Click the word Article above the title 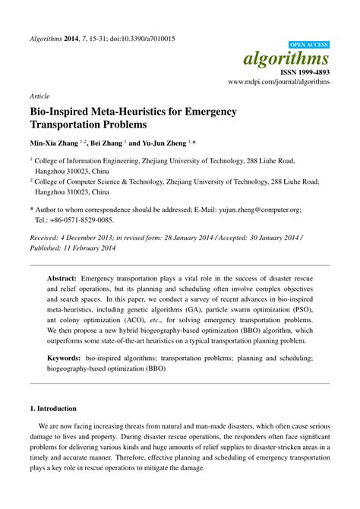point(39,97)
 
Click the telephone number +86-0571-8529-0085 point(82,220)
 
